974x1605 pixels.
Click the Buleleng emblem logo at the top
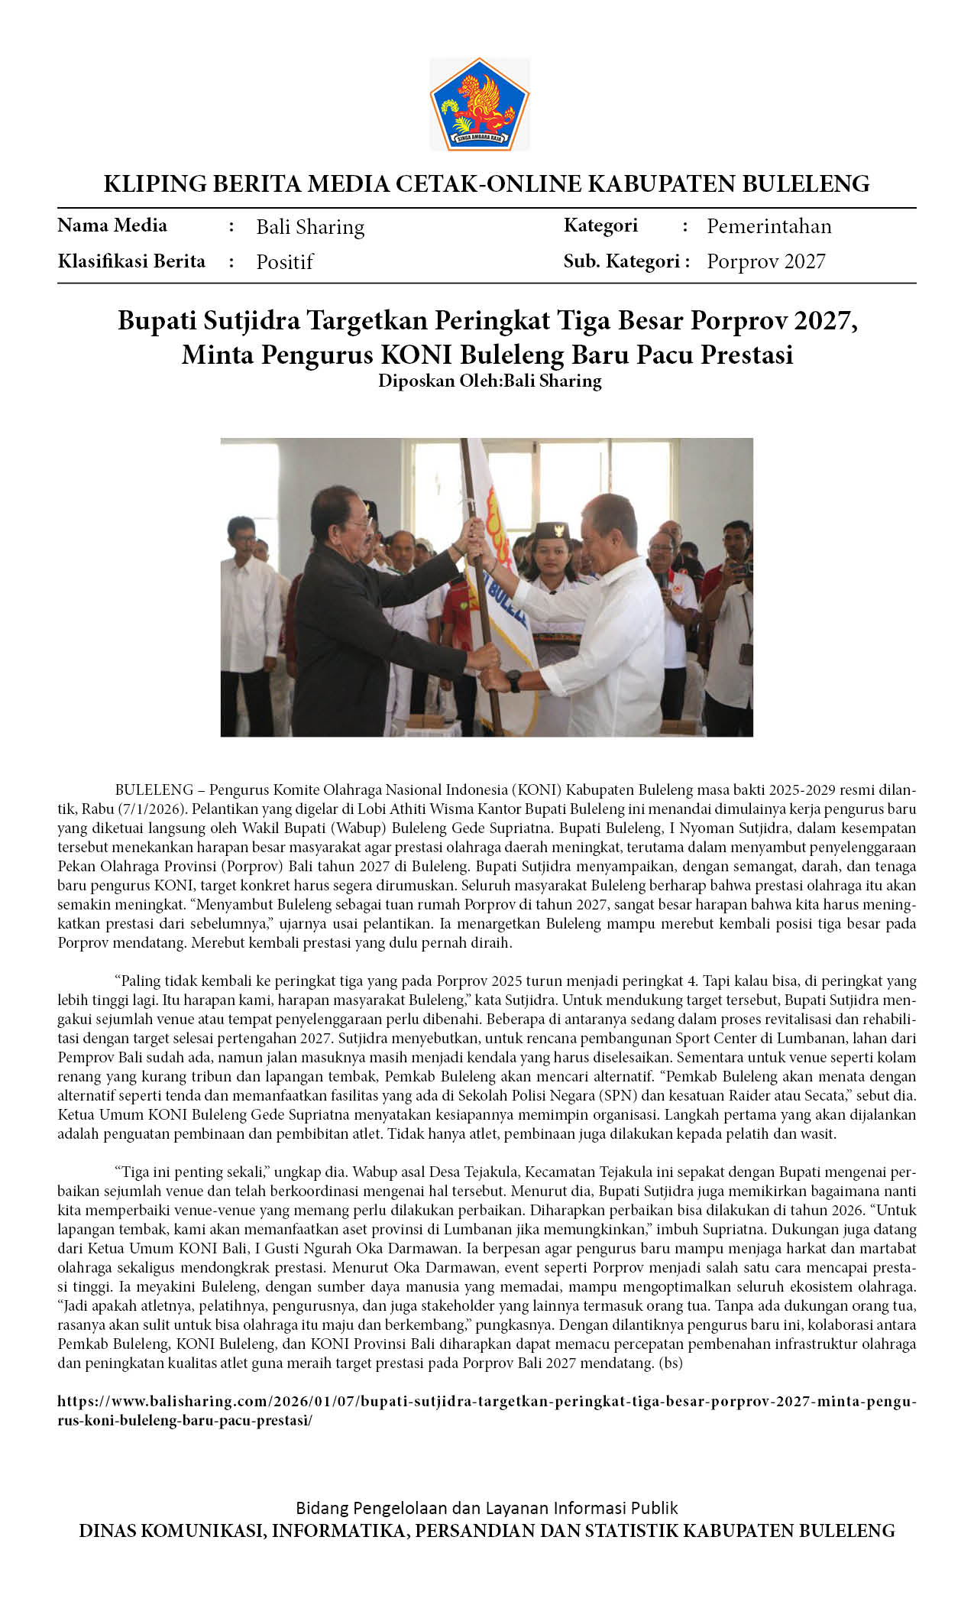(x=480, y=105)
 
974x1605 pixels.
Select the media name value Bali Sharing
(x=310, y=227)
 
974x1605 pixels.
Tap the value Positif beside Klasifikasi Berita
(x=285, y=262)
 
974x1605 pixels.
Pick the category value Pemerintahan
(x=769, y=226)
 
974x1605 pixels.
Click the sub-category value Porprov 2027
(x=765, y=261)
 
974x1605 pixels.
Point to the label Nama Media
(x=112, y=225)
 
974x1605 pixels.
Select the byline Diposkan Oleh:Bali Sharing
(x=490, y=381)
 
